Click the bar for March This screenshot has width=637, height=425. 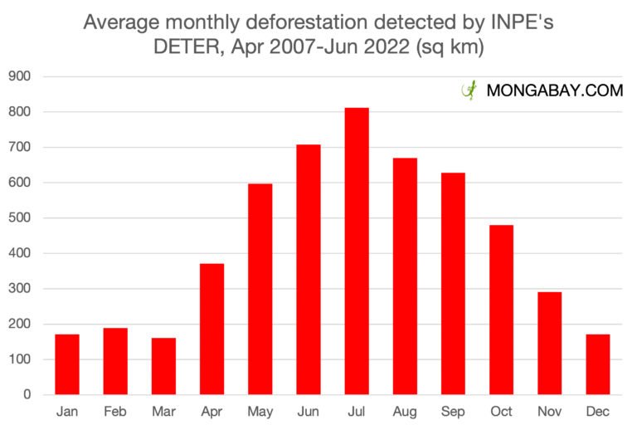163,366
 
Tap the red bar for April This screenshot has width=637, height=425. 212,329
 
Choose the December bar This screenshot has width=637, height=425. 598,364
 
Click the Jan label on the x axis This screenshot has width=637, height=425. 67,411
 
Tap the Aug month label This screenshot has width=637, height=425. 405,411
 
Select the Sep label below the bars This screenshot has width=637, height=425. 453,411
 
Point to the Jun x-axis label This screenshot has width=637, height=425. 309,411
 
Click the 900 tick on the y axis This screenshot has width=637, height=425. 19,76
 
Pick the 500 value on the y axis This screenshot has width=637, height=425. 19,218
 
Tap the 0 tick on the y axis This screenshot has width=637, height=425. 27,395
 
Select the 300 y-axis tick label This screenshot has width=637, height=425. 19,289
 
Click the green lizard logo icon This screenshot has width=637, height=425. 469,90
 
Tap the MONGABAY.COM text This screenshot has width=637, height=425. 555,91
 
